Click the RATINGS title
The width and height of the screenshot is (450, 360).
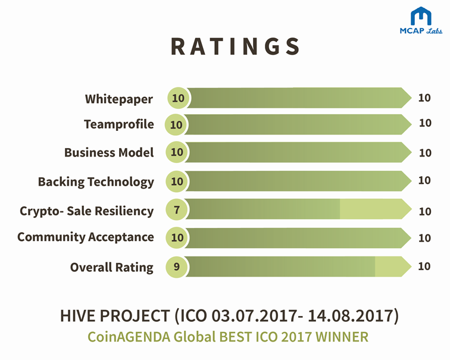pos(236,46)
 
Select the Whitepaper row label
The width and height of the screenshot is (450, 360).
pos(119,98)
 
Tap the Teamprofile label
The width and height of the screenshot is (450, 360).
pos(118,124)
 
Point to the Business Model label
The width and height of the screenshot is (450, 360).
pos(109,152)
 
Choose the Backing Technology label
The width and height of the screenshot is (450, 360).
pos(96,181)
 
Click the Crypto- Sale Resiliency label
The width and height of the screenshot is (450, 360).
pos(86,211)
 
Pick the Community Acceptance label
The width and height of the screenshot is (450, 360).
pos(85,237)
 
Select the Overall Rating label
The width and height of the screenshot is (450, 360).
pos(111,267)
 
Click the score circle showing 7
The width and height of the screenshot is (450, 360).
pos(177,209)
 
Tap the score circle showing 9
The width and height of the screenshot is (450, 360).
pos(177,267)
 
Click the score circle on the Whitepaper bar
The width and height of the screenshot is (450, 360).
pos(177,98)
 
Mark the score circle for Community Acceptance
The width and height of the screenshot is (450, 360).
pos(177,237)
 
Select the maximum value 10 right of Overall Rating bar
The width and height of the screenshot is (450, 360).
pos(424,266)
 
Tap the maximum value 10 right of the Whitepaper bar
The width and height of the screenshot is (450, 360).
pos(424,98)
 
